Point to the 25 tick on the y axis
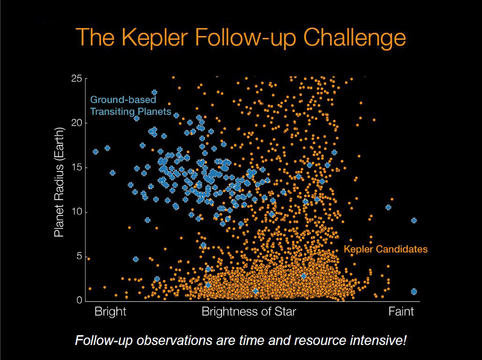(x=76, y=79)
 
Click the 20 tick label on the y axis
(x=76, y=123)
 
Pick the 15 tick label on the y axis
(x=76, y=168)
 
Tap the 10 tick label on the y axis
(x=76, y=212)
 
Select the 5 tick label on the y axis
(x=79, y=257)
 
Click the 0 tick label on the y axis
(x=79, y=301)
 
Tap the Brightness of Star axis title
(x=248, y=312)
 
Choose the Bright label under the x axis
(x=110, y=312)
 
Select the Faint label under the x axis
(x=401, y=312)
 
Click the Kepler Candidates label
(x=386, y=250)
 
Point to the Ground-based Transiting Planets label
(x=130, y=106)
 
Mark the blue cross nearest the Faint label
(x=414, y=291)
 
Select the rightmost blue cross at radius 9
(x=414, y=220)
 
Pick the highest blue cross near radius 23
(x=154, y=93)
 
